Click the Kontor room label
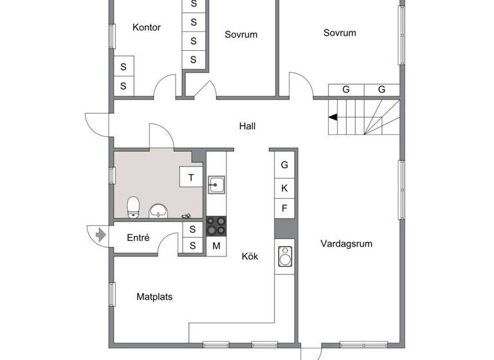146,27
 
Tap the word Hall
247,126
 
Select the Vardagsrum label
346,244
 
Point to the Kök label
250,256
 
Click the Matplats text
154,297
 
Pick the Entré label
138,238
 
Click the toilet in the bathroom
133,206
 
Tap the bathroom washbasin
158,210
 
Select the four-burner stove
216,226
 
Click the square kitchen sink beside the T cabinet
215,184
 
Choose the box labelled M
216,246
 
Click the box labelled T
191,177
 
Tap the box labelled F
284,208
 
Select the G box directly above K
284,165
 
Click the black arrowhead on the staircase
333,117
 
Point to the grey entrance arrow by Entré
100,235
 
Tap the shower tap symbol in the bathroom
187,216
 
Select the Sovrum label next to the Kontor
241,35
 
